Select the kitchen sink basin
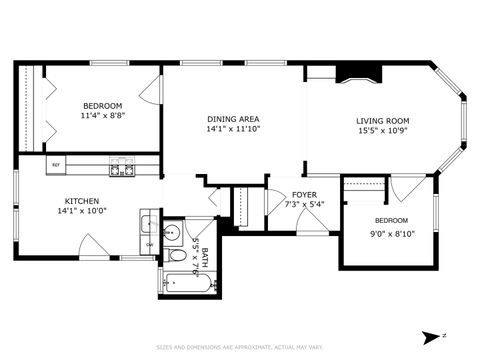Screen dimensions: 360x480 point(148,224)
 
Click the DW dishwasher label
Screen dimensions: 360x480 point(149,244)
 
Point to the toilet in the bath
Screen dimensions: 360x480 point(177,256)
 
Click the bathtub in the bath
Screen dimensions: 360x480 point(188,283)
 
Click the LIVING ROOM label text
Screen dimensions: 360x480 point(383,121)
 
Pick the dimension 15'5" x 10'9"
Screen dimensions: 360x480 point(383,131)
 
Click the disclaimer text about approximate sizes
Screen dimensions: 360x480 point(240,347)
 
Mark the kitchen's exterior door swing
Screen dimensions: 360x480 point(94,246)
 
